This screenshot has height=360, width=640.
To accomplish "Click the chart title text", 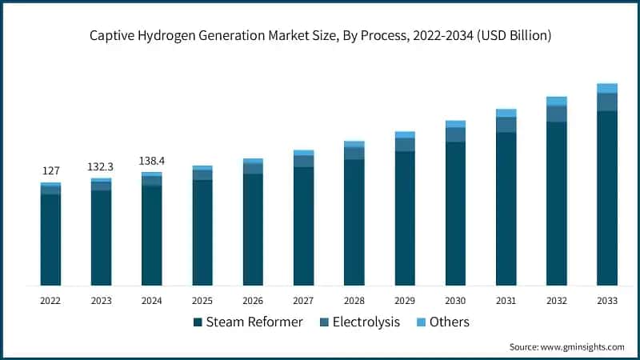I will pos(320,36).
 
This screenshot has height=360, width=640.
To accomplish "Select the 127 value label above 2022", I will pos(50,170).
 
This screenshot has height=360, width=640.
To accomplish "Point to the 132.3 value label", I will pos(101,166).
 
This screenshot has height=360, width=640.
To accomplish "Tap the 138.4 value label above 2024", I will pos(151,160).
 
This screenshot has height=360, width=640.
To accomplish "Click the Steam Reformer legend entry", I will pos(248,322).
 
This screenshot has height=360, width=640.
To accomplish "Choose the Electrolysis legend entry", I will pos(359,322).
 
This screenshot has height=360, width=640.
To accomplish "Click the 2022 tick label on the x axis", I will pos(50,301).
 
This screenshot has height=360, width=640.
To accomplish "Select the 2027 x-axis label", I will pos(303,301).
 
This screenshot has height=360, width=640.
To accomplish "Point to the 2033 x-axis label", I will pos(607,301).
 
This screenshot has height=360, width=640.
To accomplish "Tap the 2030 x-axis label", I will pos(455,301).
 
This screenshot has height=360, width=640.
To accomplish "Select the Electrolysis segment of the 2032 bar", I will pos(557,114).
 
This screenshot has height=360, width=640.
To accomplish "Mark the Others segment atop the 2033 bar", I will pos(607,88).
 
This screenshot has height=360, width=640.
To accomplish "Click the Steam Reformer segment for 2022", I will pos(50,239).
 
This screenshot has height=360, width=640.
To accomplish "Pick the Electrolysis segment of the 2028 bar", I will pos(354,153).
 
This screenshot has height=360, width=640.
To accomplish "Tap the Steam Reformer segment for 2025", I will pos(202,232).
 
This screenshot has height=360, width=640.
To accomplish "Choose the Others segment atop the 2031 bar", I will pos(506,113).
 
